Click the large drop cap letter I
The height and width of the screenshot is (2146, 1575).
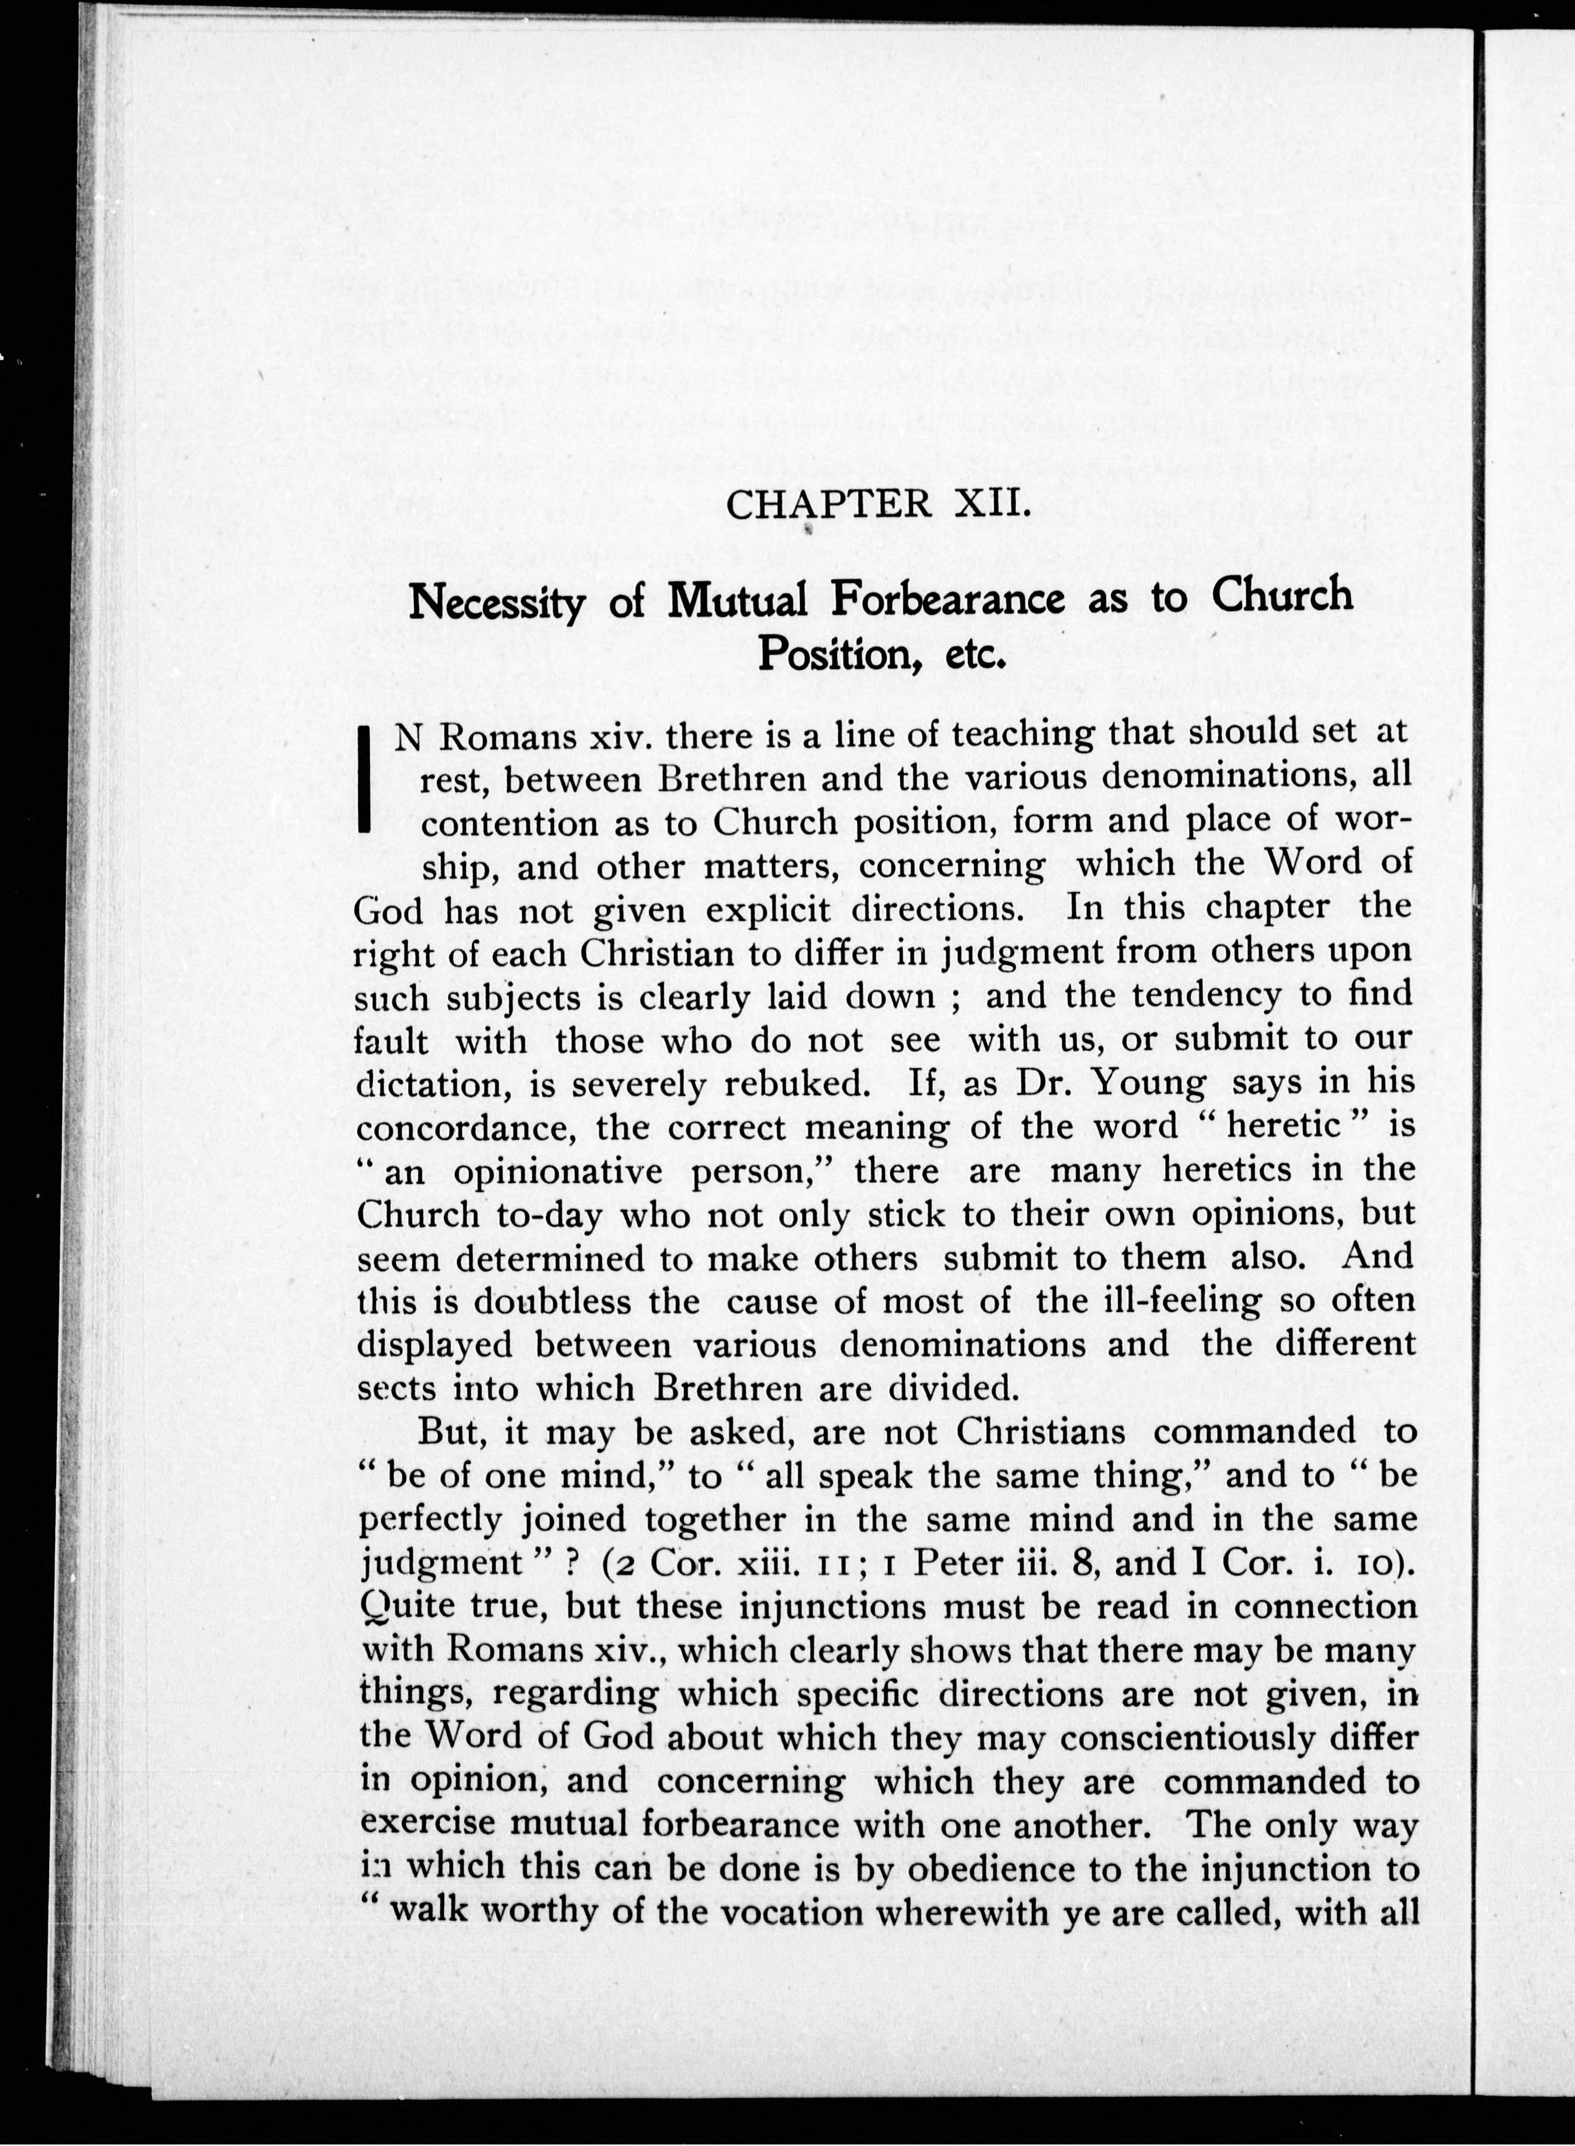(x=363, y=779)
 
